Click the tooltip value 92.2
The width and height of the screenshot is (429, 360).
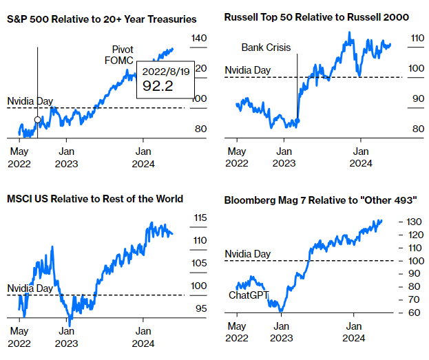158,86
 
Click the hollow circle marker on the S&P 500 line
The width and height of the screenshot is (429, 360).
37,119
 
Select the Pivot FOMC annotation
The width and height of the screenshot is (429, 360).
123,55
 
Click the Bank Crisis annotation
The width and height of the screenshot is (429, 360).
266,47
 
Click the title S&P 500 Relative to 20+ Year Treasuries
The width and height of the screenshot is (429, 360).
101,19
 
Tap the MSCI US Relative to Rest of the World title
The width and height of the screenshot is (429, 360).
94,199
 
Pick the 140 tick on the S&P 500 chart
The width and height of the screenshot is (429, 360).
199,39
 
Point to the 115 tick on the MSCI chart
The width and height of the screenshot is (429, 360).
200,218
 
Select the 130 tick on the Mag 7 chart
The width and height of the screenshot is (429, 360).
413,222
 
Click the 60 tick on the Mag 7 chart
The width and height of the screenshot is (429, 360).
411,313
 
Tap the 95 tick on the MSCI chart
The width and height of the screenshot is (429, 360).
200,308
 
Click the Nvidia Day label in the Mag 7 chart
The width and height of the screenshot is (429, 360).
248,254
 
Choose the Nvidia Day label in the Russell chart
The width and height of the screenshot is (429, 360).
248,70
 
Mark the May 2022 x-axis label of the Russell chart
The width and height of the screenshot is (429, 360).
236,156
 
